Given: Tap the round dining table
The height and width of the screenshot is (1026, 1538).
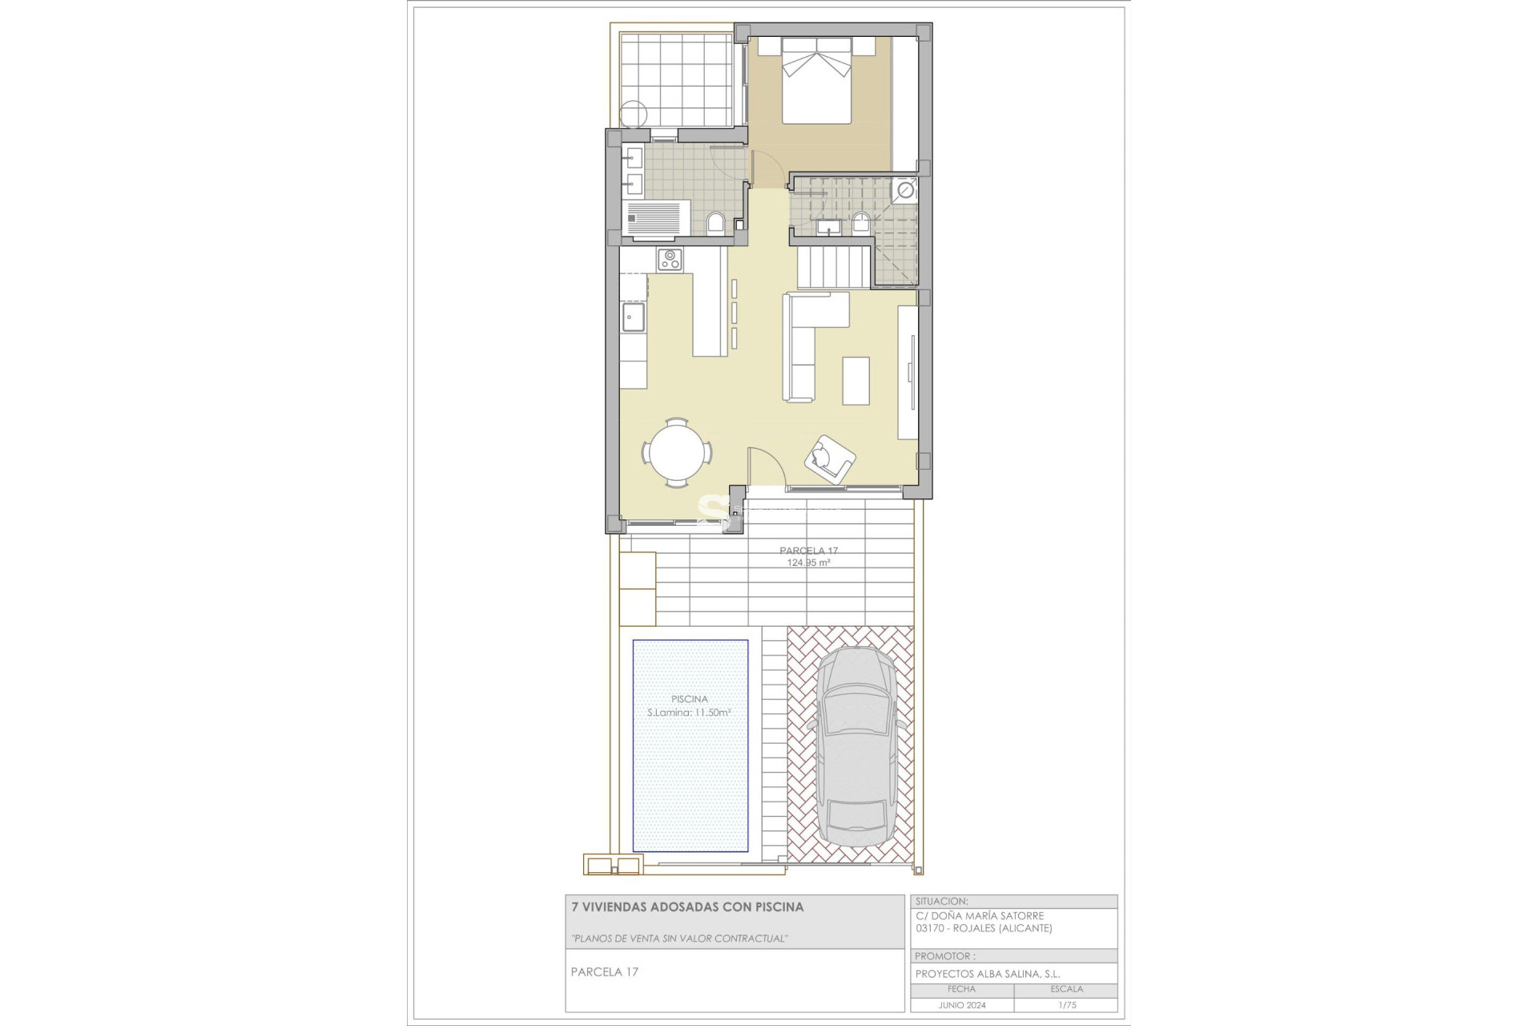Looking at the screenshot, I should point(678,453).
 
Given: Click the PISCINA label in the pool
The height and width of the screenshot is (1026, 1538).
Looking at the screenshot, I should point(689,699).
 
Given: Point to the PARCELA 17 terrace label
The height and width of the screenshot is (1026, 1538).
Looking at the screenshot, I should point(808,551).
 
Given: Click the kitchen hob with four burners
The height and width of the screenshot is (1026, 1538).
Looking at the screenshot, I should point(670,260).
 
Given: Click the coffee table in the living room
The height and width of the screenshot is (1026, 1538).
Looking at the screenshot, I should point(856,380).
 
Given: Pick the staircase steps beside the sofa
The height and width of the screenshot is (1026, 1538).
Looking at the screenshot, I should point(832,268).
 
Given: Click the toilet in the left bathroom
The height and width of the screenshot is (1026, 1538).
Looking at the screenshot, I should point(717,223).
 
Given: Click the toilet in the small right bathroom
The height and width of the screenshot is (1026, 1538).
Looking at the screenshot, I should point(862,222).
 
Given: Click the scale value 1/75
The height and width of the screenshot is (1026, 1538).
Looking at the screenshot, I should point(1065,1004).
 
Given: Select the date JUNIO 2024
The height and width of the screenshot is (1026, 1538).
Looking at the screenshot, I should point(961,1004).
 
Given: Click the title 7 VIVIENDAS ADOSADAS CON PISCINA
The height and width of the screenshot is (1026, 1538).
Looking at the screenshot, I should point(686,907).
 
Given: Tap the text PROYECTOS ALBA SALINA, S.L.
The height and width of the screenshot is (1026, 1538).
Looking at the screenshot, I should point(987,973).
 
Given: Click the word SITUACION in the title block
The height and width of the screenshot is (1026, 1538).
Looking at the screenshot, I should point(940,901).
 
